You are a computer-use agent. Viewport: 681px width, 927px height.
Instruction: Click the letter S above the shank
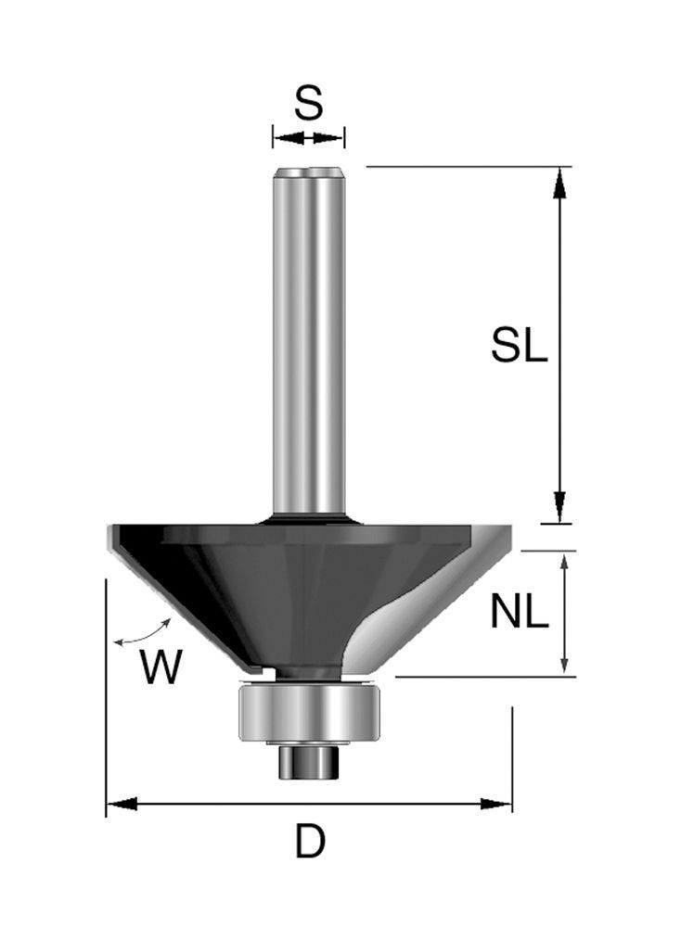308,102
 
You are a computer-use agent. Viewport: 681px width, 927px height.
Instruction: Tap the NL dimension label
519,612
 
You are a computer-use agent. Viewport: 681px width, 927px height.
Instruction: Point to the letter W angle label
161,667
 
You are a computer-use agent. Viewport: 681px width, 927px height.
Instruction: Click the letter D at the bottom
310,842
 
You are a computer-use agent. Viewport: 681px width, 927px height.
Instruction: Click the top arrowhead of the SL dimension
559,182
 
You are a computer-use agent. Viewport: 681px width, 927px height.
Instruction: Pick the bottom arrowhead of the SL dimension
559,507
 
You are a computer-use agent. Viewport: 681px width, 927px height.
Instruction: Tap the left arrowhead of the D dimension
122,804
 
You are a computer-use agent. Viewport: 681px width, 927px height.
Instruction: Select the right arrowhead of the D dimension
495,804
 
